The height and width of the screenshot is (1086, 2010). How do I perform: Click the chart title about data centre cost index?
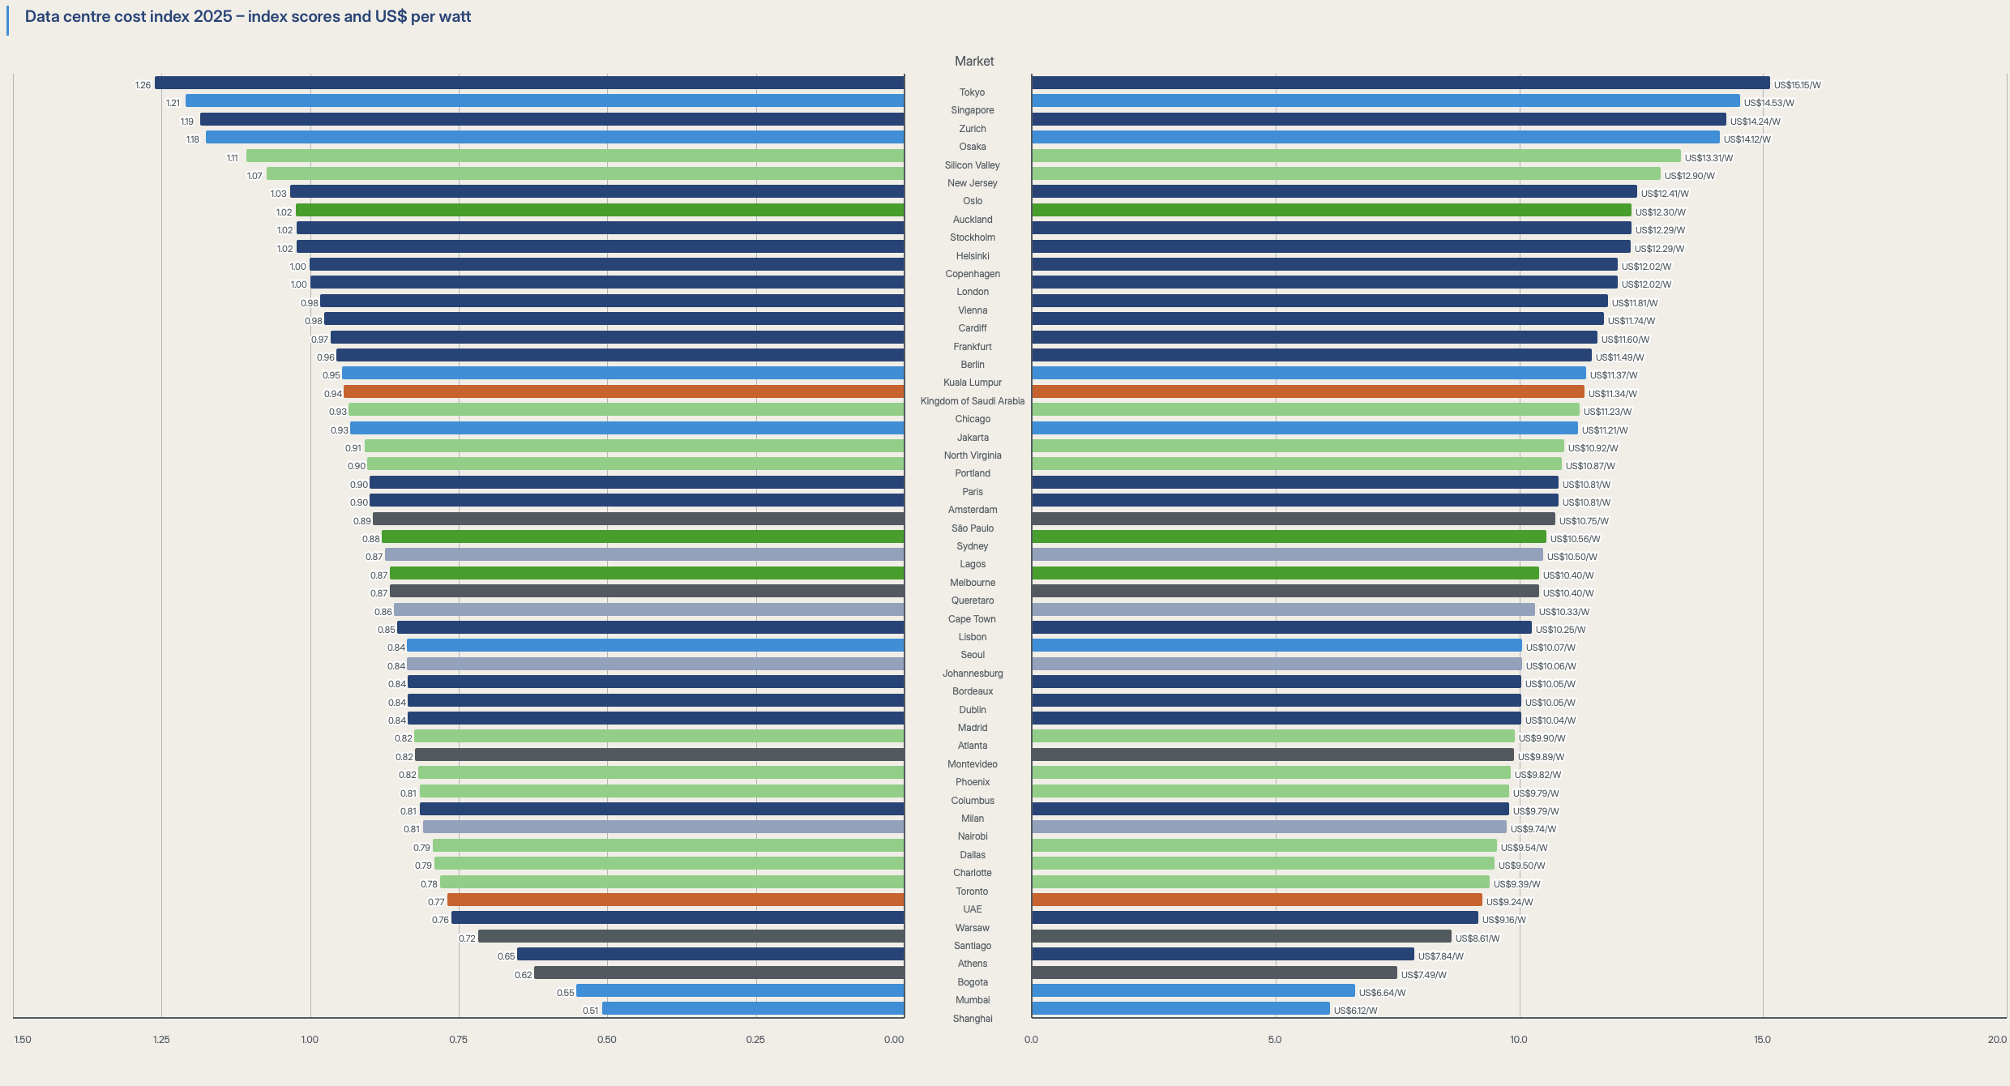(248, 17)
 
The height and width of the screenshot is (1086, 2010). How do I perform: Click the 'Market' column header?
(973, 62)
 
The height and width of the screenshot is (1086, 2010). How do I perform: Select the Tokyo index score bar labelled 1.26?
(529, 83)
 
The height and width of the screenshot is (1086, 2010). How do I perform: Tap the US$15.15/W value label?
(1797, 85)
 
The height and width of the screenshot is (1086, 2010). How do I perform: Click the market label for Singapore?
(972, 110)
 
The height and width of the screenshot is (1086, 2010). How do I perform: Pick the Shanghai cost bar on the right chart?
(1180, 1008)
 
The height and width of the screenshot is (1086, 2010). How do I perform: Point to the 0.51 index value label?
(590, 1011)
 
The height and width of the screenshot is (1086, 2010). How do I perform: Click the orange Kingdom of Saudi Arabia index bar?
(623, 391)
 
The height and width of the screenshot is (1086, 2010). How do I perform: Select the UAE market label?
(972, 909)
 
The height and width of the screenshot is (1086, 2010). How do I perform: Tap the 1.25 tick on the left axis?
(161, 1040)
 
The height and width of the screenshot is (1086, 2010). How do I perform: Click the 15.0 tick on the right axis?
(1762, 1040)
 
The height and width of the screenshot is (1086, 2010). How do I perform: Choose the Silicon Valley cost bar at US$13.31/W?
(1356, 156)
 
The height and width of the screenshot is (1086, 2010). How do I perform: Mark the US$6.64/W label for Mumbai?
(1382, 993)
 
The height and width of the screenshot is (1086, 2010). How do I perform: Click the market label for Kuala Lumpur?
(972, 383)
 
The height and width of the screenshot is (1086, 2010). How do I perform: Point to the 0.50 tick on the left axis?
(606, 1040)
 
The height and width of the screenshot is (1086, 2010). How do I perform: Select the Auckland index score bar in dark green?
(600, 210)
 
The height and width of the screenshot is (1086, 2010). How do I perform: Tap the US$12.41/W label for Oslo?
(1665, 194)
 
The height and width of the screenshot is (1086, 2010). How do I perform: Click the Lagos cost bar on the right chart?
(1287, 554)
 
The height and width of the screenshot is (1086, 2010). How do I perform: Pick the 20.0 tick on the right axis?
(1996, 1040)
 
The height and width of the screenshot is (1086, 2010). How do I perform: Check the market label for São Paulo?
(972, 528)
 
